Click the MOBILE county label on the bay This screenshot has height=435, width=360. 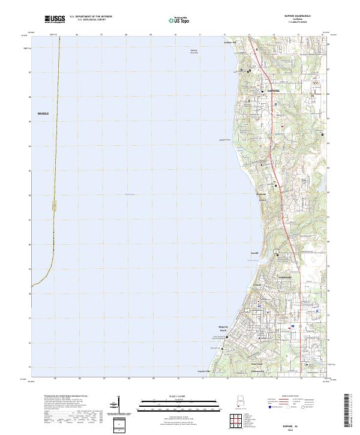(43, 113)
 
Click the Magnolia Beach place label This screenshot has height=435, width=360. (223, 328)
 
